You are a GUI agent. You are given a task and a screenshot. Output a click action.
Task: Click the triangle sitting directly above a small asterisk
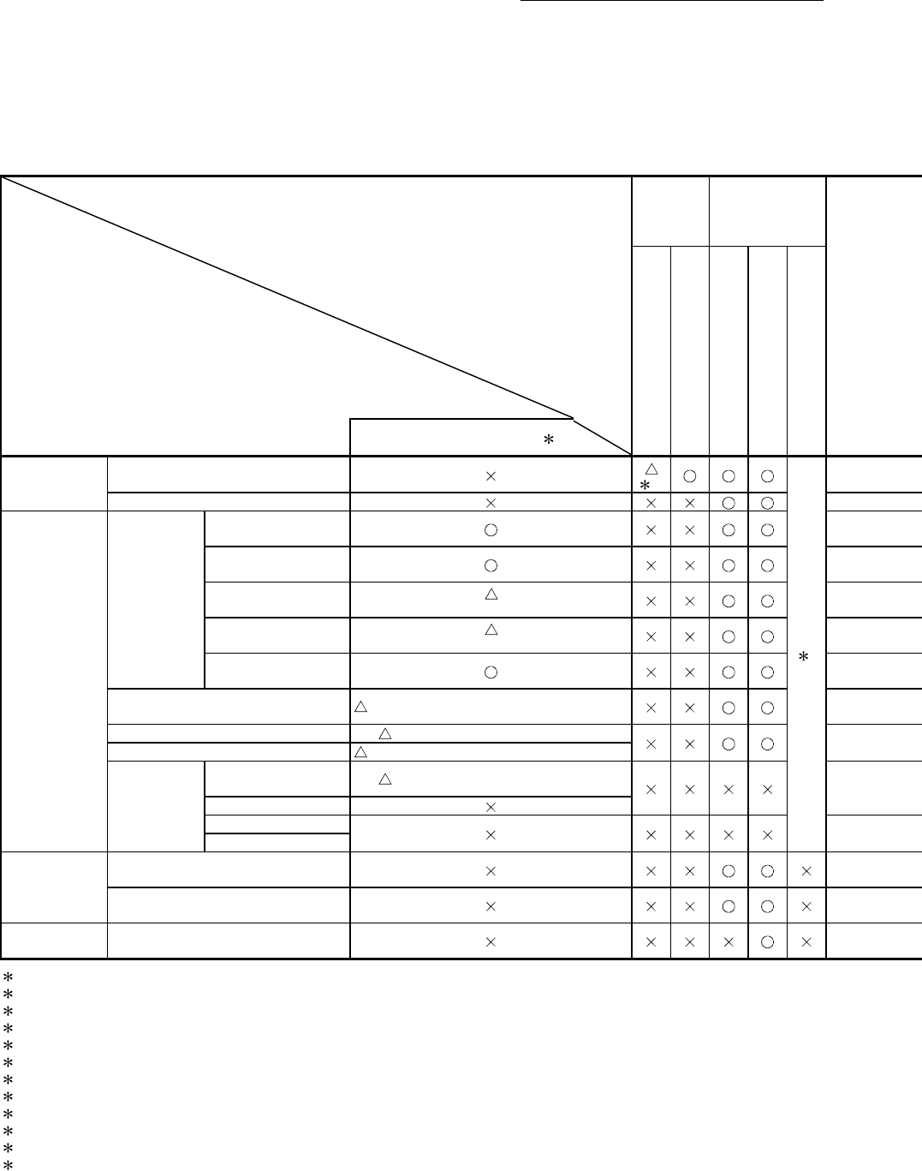(x=651, y=468)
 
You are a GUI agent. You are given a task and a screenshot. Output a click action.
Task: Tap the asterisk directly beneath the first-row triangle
(x=645, y=484)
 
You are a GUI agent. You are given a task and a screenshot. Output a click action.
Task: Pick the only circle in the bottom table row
(x=767, y=941)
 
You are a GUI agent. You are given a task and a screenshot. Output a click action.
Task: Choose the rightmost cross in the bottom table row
(x=806, y=941)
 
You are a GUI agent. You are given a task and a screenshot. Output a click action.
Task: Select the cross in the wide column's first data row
(x=491, y=475)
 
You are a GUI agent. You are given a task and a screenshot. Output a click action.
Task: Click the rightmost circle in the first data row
(x=767, y=475)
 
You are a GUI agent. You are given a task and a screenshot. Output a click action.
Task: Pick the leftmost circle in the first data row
(x=689, y=475)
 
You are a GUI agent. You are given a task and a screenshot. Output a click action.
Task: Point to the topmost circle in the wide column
(x=491, y=529)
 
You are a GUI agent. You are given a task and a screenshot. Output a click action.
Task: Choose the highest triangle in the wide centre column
(x=491, y=593)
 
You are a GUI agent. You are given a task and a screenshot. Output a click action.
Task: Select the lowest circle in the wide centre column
(x=491, y=672)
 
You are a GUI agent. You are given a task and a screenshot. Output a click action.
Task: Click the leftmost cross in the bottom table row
(x=651, y=941)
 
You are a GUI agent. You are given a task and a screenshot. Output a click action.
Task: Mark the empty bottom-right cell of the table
(x=874, y=941)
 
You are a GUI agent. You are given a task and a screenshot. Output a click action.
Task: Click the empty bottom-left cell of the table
(x=54, y=941)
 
